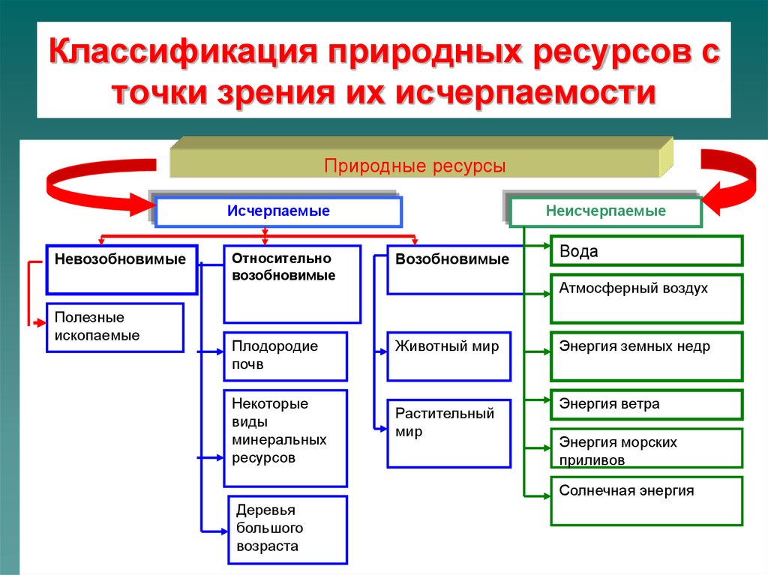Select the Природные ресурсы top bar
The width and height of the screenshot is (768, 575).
pyautogui.click(x=415, y=166)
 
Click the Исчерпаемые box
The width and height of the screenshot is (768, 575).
pyautogui.click(x=278, y=211)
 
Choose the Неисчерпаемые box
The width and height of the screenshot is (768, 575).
pyautogui.click(x=605, y=211)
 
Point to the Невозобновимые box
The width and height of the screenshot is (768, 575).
pyautogui.click(x=122, y=269)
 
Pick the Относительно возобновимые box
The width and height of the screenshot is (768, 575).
pyautogui.click(x=292, y=284)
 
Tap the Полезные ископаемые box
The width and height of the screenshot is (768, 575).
pyautogui.click(x=115, y=327)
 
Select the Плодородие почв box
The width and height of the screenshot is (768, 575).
pyautogui.click(x=285, y=356)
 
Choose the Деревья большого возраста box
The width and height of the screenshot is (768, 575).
pyautogui.click(x=288, y=529)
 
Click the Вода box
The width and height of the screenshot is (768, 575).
pyautogui.click(x=646, y=250)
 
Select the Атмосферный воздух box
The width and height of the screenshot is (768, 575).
pyautogui.click(x=646, y=298)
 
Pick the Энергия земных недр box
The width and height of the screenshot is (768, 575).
pyautogui.click(x=646, y=356)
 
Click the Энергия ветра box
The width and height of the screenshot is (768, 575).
pyautogui.click(x=646, y=405)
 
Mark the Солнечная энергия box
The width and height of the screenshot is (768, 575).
pyautogui.click(x=646, y=501)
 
